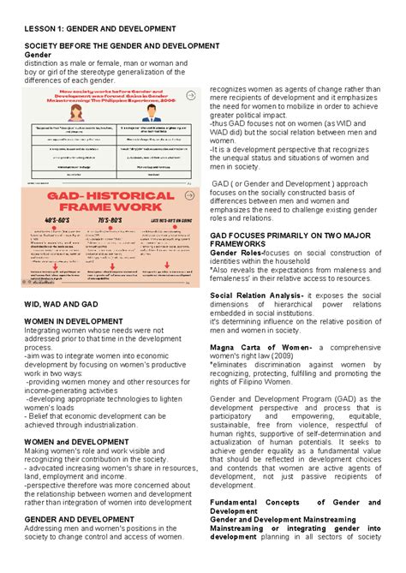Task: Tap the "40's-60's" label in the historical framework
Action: [56, 219]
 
